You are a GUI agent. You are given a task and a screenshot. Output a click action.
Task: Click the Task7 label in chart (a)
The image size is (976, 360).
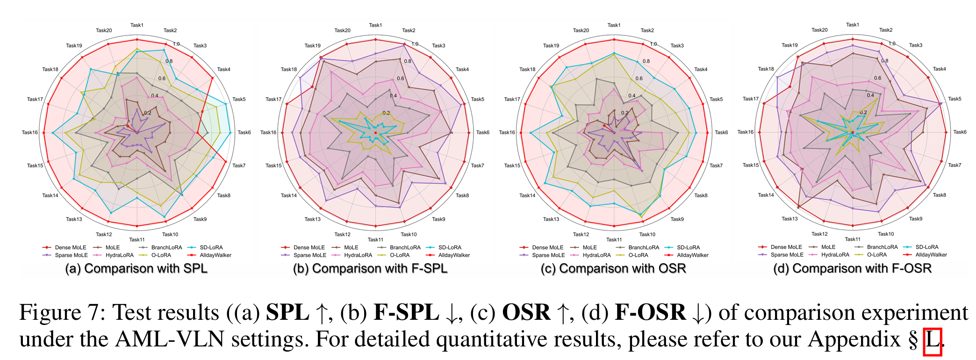(238, 166)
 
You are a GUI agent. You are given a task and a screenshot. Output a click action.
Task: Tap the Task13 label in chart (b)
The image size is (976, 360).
(312, 219)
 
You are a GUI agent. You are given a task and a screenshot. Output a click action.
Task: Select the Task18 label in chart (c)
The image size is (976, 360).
(527, 70)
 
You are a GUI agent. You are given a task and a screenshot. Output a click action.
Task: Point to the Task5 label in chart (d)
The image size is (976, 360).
(954, 99)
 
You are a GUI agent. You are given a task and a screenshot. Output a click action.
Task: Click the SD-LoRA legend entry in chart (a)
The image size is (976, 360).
(211, 247)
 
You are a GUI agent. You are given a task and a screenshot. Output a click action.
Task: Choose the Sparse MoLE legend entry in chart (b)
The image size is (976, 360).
(309, 255)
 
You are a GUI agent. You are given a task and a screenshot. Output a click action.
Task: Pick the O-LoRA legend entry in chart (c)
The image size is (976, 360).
(638, 255)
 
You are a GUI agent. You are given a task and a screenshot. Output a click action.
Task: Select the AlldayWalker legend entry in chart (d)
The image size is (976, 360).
(931, 255)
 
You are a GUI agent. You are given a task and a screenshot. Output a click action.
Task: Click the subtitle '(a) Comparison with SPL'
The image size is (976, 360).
(136, 269)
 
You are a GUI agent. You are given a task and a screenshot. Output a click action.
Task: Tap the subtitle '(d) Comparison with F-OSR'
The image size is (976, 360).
(853, 268)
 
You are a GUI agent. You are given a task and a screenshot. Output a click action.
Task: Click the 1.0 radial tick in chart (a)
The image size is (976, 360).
(176, 44)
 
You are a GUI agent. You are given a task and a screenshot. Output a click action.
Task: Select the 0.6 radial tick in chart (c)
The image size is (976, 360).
(639, 79)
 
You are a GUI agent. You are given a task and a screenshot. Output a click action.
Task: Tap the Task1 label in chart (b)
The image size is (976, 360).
(375, 25)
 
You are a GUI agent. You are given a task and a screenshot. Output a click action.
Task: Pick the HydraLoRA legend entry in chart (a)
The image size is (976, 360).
(119, 255)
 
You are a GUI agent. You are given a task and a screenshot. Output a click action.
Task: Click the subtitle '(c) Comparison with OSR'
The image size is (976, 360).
(613, 269)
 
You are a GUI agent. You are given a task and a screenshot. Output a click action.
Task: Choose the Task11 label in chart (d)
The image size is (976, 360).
(852, 239)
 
